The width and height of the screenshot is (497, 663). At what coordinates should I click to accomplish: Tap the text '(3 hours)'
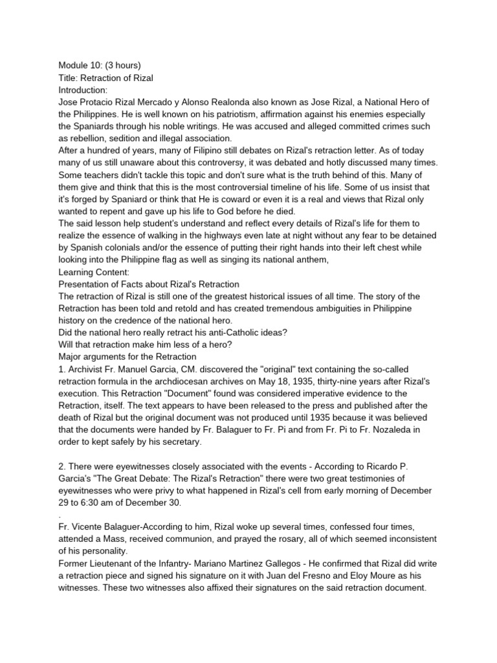tap(125, 65)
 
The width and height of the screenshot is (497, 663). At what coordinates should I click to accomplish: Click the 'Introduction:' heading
tap(83, 90)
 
